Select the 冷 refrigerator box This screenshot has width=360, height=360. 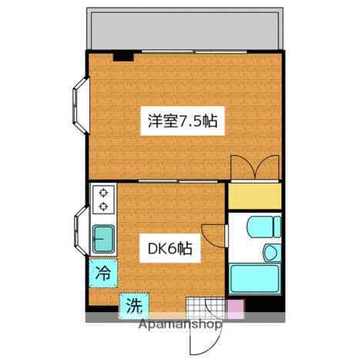click(x=103, y=271)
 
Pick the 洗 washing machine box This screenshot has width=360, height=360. click(x=133, y=305)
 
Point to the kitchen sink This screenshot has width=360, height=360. click(x=102, y=237)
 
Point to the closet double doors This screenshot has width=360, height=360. click(x=254, y=168)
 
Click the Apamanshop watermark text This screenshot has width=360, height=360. click(x=180, y=326)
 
